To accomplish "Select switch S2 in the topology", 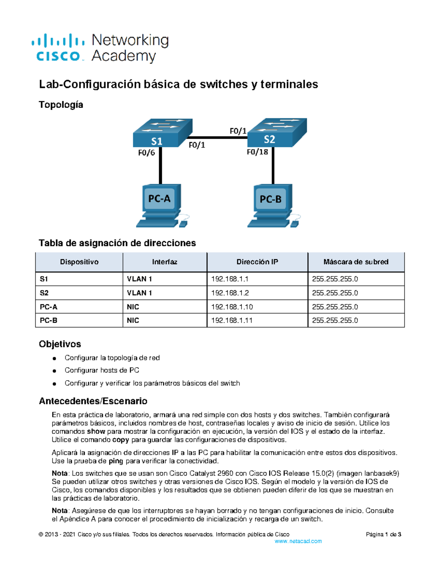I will coord(277,133).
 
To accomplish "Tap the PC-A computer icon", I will coord(161,206).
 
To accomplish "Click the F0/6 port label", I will coord(146,153).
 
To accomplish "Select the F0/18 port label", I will coord(257,152).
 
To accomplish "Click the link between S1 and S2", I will coord(220,138).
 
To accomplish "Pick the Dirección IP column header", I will coord(257,262).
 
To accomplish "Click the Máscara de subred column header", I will coord(356,262).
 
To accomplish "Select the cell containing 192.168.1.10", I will coord(232,307).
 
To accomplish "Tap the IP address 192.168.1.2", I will coord(230,293).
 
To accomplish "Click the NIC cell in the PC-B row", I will coord(133,320).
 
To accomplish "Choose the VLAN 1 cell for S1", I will coord(139,279).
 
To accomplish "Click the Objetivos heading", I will coord(60,344).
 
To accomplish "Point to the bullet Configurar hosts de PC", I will coord(102,370).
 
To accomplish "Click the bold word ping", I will coord(116,461).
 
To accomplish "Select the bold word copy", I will coord(121,440).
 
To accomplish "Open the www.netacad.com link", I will coord(298,541).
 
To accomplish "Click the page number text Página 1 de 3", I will coord(383,534).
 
